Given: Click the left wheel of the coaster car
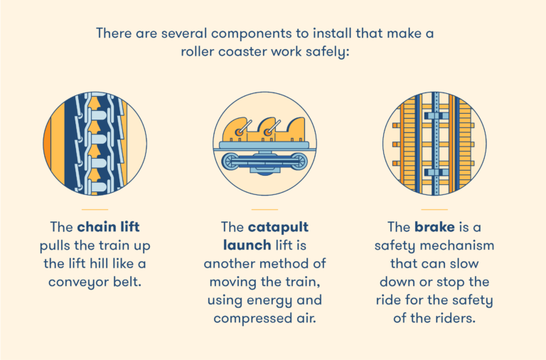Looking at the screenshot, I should [x=231, y=162].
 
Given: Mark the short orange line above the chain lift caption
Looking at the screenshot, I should [x=95, y=209].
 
